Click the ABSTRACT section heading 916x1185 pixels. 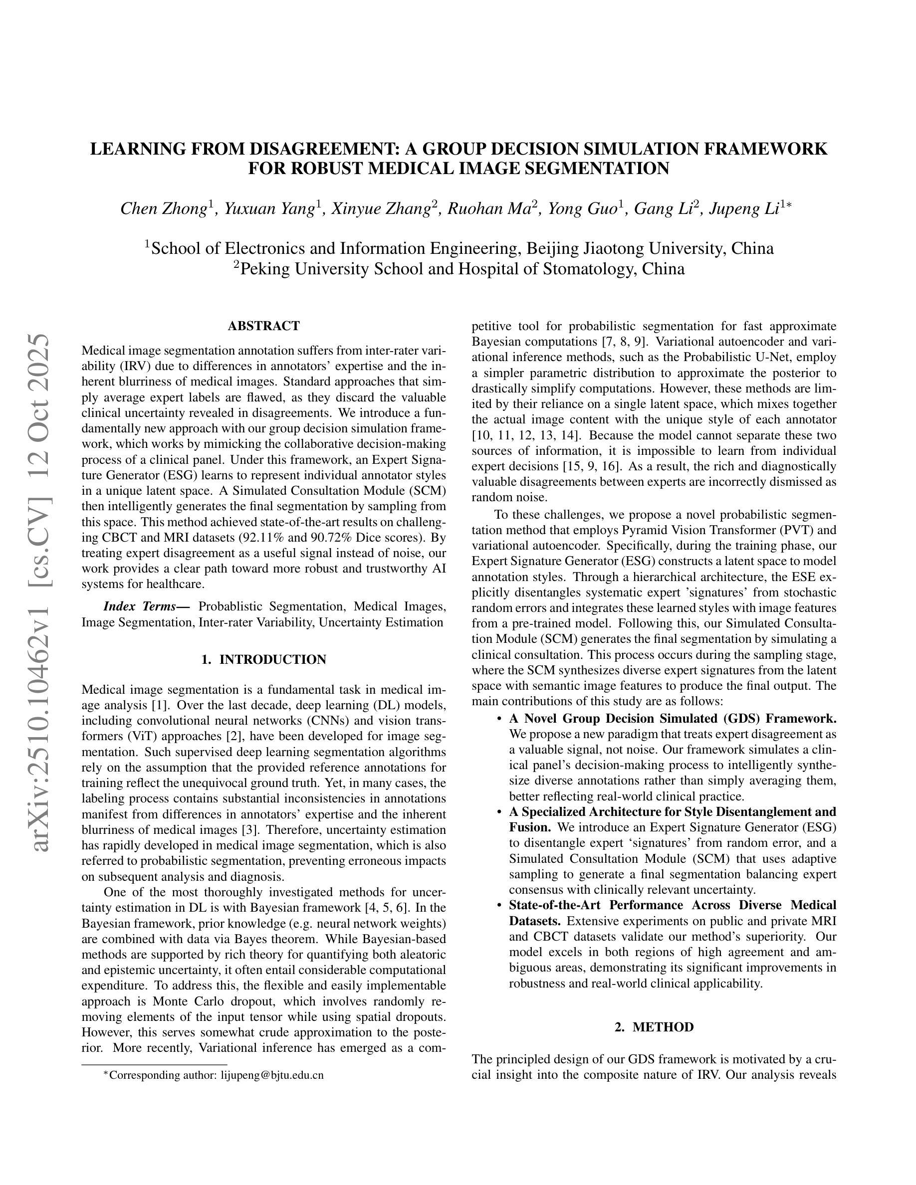click(263, 326)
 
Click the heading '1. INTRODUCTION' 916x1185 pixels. click(263, 659)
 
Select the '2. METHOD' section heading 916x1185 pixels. click(654, 1027)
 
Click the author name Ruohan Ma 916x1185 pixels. click(488, 209)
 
